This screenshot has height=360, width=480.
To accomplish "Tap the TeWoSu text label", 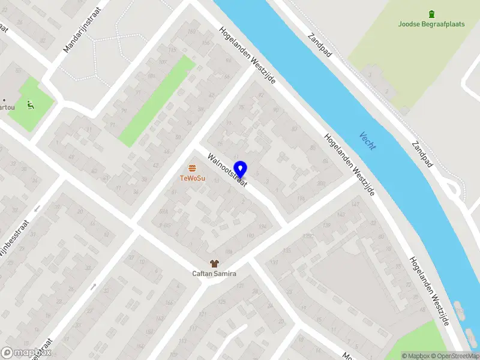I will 192,178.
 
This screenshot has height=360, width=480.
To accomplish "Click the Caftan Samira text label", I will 214,274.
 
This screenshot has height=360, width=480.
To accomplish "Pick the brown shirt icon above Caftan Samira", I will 214,263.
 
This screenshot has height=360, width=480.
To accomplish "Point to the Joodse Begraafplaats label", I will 431,25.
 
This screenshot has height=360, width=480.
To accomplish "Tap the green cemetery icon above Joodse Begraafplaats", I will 431,14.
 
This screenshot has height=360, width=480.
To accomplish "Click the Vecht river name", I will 367,140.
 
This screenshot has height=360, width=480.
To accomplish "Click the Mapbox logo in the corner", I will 26,353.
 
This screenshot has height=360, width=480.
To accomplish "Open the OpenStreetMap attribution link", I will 458,356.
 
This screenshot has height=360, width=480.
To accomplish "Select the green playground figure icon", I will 31,106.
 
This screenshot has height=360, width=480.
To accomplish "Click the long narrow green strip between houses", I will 157,101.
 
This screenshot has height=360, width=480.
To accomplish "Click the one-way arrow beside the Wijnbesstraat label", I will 38,209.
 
